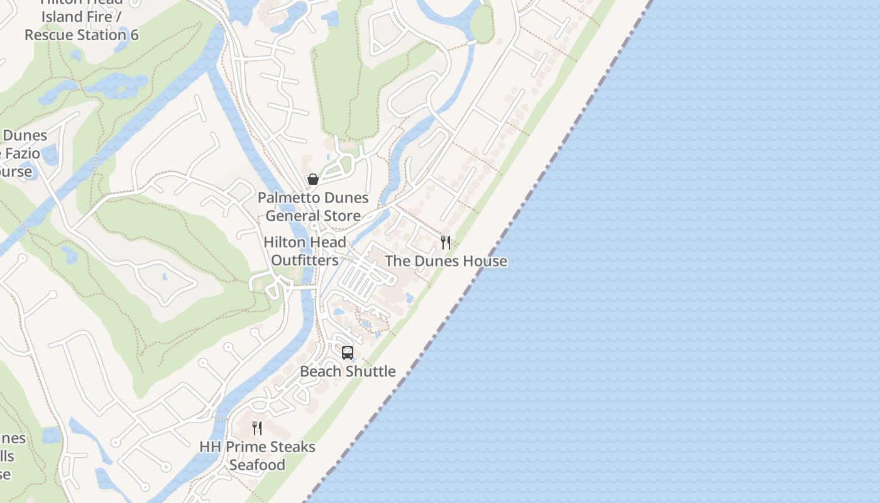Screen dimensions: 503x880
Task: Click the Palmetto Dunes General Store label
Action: [x=313, y=207]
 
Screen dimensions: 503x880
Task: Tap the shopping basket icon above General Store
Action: [x=313, y=180]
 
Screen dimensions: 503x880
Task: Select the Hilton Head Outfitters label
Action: [x=305, y=251]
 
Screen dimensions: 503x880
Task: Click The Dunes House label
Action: [x=446, y=261]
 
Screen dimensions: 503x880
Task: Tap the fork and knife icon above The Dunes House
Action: [x=446, y=243]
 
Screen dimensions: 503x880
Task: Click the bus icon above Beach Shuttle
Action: [x=348, y=353]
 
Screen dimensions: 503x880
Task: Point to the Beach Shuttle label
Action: [x=348, y=371]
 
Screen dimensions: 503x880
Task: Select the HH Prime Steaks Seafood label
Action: [x=257, y=456]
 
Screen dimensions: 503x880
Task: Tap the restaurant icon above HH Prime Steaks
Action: [x=257, y=428]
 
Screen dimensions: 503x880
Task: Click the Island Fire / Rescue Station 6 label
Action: [x=81, y=25]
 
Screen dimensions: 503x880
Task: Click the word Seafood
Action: [x=257, y=465]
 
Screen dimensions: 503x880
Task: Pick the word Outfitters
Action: [x=305, y=260]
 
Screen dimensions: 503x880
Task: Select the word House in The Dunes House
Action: [x=484, y=261]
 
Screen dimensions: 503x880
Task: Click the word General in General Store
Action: [x=294, y=216]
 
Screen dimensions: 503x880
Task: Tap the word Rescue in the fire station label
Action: [x=47, y=35]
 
